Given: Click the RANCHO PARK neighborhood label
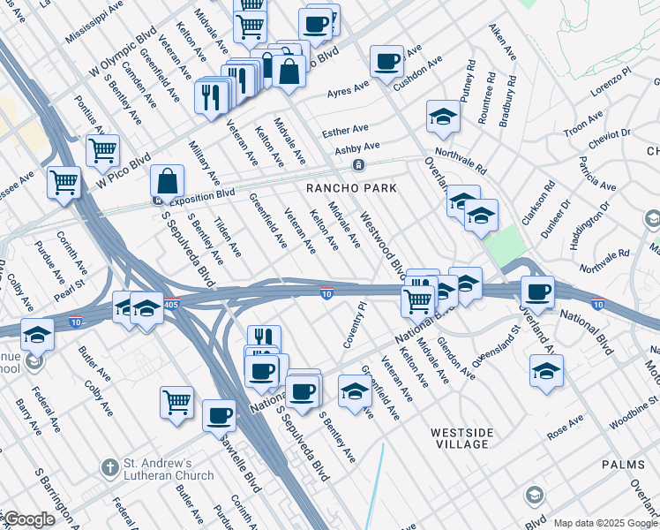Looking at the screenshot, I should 350,188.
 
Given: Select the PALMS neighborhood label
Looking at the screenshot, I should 623,464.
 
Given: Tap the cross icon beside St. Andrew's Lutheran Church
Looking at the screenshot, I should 109,466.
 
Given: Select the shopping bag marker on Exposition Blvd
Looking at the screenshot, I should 167,182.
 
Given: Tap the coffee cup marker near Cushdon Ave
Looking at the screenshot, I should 386,62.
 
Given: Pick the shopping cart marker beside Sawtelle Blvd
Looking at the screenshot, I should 177,402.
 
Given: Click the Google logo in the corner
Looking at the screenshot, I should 29,519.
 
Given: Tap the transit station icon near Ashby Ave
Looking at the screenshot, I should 358,165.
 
